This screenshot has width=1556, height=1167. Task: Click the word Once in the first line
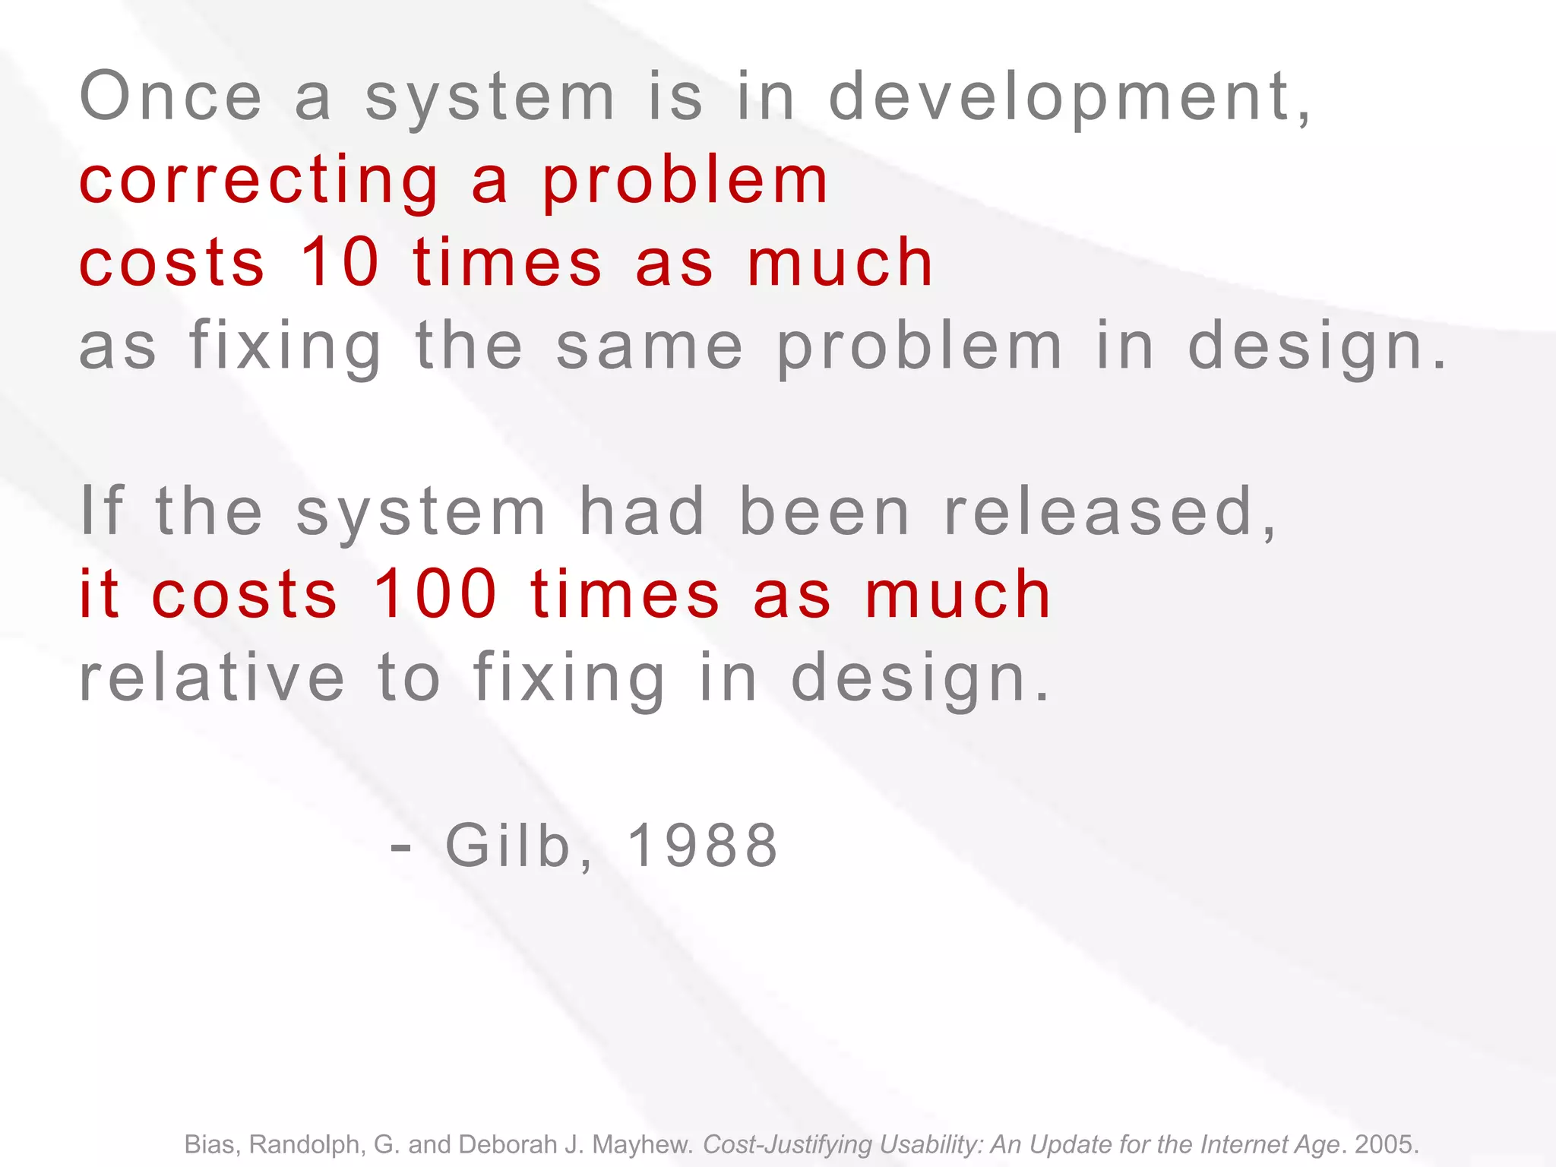(x=171, y=96)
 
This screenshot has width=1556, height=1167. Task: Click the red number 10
(x=340, y=262)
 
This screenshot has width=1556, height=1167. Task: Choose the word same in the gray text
(x=650, y=346)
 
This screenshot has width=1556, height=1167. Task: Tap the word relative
(x=212, y=678)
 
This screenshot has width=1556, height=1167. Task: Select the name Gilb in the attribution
(x=508, y=846)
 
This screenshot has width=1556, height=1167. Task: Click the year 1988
(x=703, y=846)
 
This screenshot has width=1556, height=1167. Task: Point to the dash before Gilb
(x=400, y=846)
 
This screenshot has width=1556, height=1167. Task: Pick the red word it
(x=100, y=594)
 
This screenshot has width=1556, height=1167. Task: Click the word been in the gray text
(x=824, y=512)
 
